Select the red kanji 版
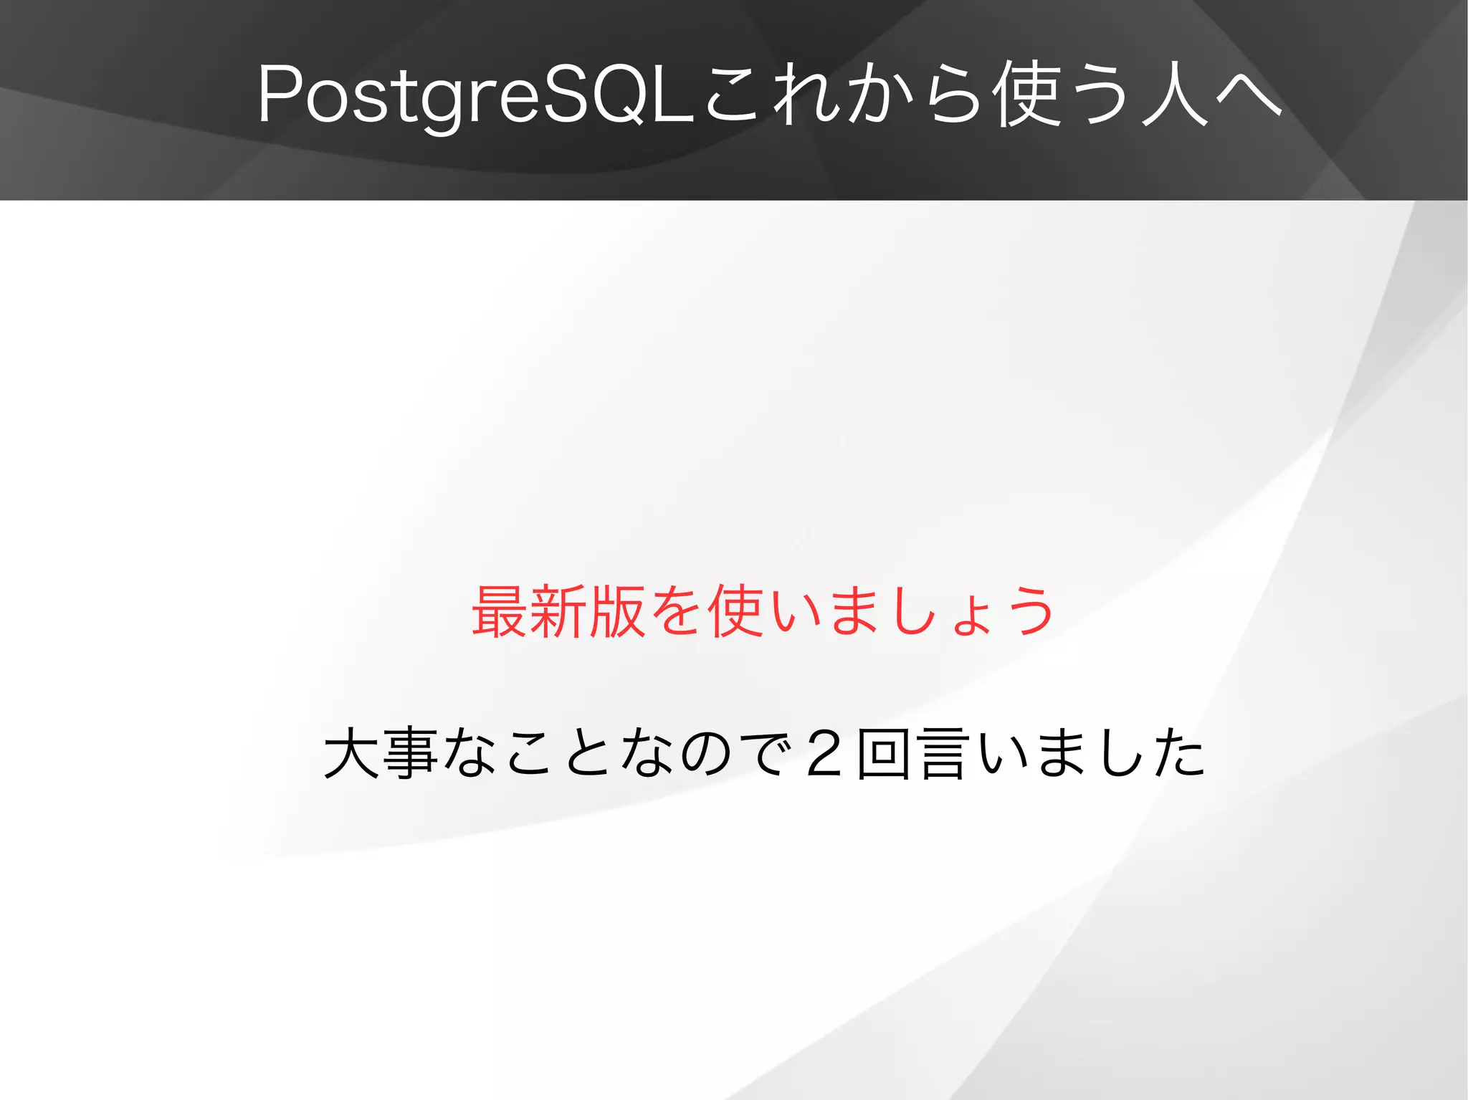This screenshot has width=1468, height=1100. pyautogui.click(x=617, y=611)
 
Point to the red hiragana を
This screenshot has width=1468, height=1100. pyautogui.click(x=676, y=611)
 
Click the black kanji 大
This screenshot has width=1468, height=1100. pyautogui.click(x=351, y=752)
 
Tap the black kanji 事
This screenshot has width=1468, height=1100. pyautogui.click(x=410, y=752)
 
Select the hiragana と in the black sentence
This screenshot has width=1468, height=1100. pyautogui.click(x=589, y=752)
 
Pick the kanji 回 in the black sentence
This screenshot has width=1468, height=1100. pyautogui.click(x=885, y=752)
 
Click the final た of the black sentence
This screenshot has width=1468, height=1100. pyautogui.click(x=1180, y=752)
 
